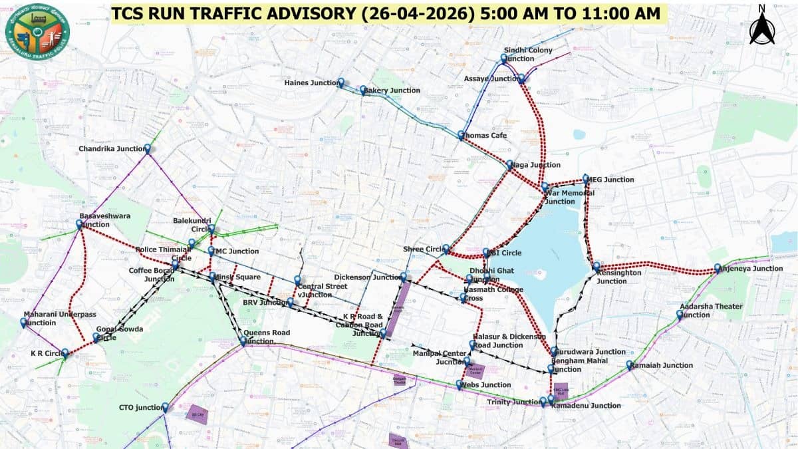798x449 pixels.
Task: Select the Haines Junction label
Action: [311, 83]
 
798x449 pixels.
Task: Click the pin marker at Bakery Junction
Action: [363, 89]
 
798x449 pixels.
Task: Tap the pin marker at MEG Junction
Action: [586, 179]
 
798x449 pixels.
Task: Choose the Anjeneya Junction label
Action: [753, 269]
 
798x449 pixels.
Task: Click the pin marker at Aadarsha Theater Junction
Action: [680, 314]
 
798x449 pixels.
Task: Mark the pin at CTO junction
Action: [165, 407]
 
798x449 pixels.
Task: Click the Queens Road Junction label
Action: [267, 337]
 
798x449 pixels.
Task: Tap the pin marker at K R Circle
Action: [65, 353]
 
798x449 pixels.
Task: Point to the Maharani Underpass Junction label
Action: [59, 318]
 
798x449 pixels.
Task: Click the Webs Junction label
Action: [488, 385]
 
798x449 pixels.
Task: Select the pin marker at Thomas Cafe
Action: [462, 135]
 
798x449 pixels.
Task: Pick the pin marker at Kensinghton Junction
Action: [597, 265]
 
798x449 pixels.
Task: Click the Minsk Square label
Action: [239, 277]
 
